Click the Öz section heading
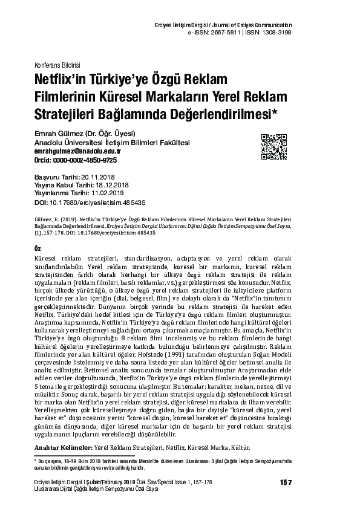39,248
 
